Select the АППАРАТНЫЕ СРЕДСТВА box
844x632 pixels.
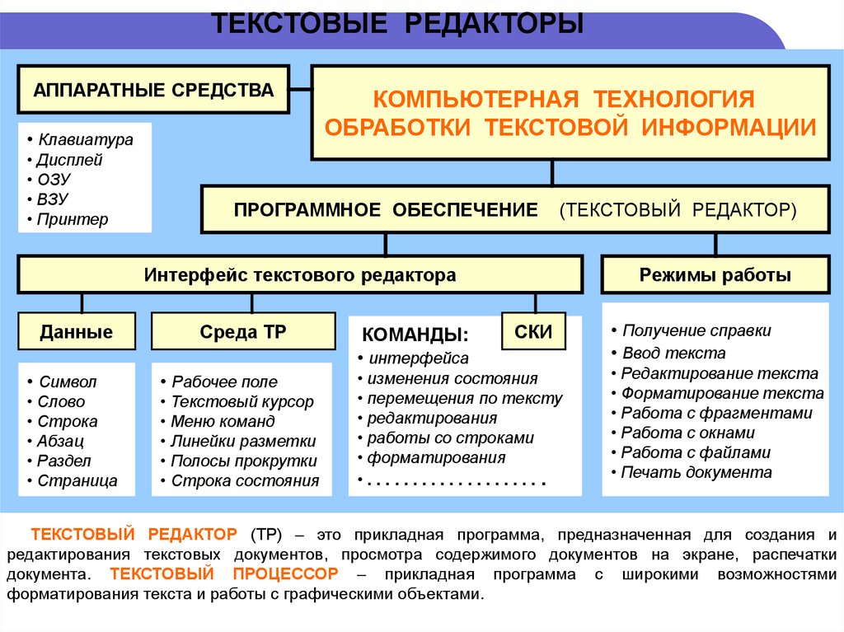153,90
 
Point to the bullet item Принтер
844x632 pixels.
73,219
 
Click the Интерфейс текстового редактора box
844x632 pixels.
300,275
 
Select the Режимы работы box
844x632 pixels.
715,275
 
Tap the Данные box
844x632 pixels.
76,333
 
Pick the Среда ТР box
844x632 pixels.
242,332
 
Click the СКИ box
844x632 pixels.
533,332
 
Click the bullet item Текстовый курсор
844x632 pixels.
242,402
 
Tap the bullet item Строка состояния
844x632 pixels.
245,481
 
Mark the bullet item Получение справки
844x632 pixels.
696,330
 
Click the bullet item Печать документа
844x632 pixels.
696,472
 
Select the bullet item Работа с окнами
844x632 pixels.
688,433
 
